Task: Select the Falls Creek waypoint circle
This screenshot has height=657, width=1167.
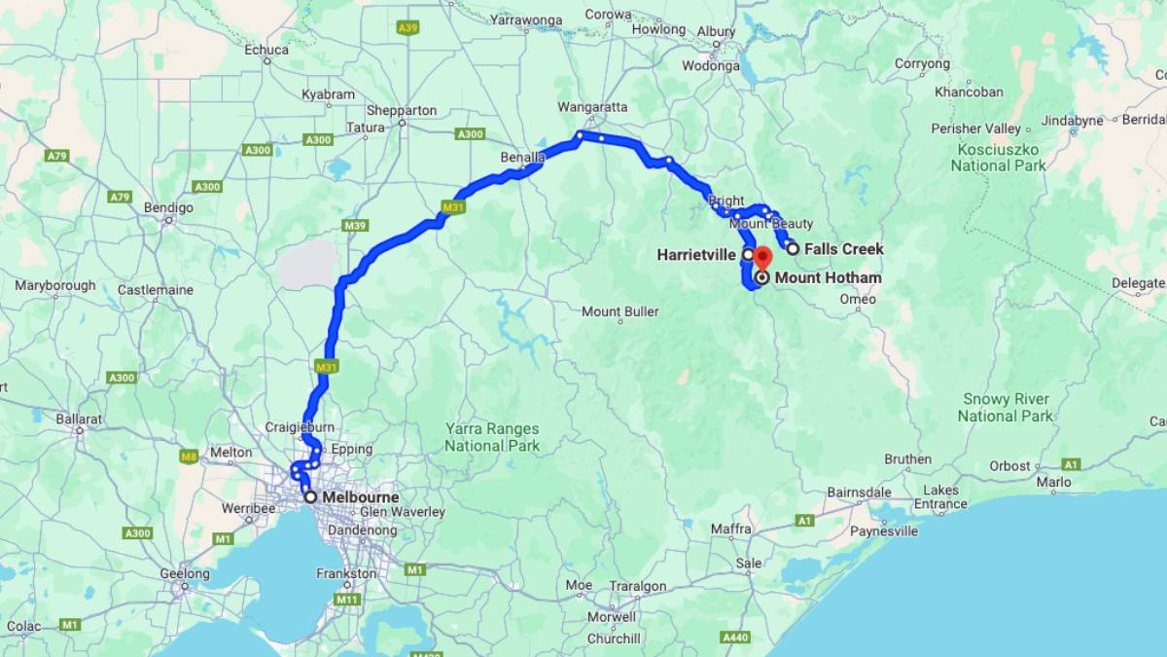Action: click(793, 249)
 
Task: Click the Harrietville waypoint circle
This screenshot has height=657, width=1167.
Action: click(748, 255)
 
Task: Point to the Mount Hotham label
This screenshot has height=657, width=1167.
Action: click(828, 278)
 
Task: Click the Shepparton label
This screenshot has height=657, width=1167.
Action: click(402, 111)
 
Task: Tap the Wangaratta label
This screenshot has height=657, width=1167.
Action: click(592, 107)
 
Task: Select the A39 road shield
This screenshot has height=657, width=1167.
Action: click(407, 28)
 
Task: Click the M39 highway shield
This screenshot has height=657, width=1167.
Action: click(354, 226)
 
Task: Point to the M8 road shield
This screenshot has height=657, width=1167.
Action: click(190, 455)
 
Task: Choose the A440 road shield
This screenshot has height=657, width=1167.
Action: click(735, 637)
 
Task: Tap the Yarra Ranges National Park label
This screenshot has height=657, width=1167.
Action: click(492, 437)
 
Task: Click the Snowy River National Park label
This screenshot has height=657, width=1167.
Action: click(1006, 408)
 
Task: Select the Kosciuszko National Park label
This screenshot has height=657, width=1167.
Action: click(999, 157)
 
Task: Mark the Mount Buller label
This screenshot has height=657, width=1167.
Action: click(619, 312)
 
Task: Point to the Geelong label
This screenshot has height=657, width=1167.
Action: click(185, 574)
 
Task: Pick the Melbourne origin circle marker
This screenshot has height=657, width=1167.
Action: click(310, 497)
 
